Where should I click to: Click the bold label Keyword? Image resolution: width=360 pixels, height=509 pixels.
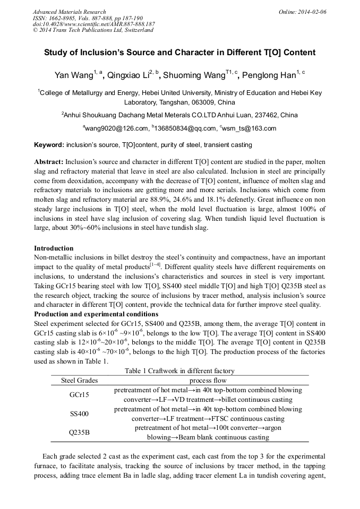[x=49, y=145]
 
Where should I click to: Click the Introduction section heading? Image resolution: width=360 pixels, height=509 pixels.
[x=54, y=248]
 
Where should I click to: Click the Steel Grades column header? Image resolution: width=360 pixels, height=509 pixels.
[x=80, y=381]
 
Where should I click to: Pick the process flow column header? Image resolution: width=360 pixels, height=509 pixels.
[x=208, y=381]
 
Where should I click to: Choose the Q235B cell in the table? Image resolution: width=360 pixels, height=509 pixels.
[x=79, y=433]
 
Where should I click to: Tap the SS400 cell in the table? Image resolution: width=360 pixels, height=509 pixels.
[x=79, y=413]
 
